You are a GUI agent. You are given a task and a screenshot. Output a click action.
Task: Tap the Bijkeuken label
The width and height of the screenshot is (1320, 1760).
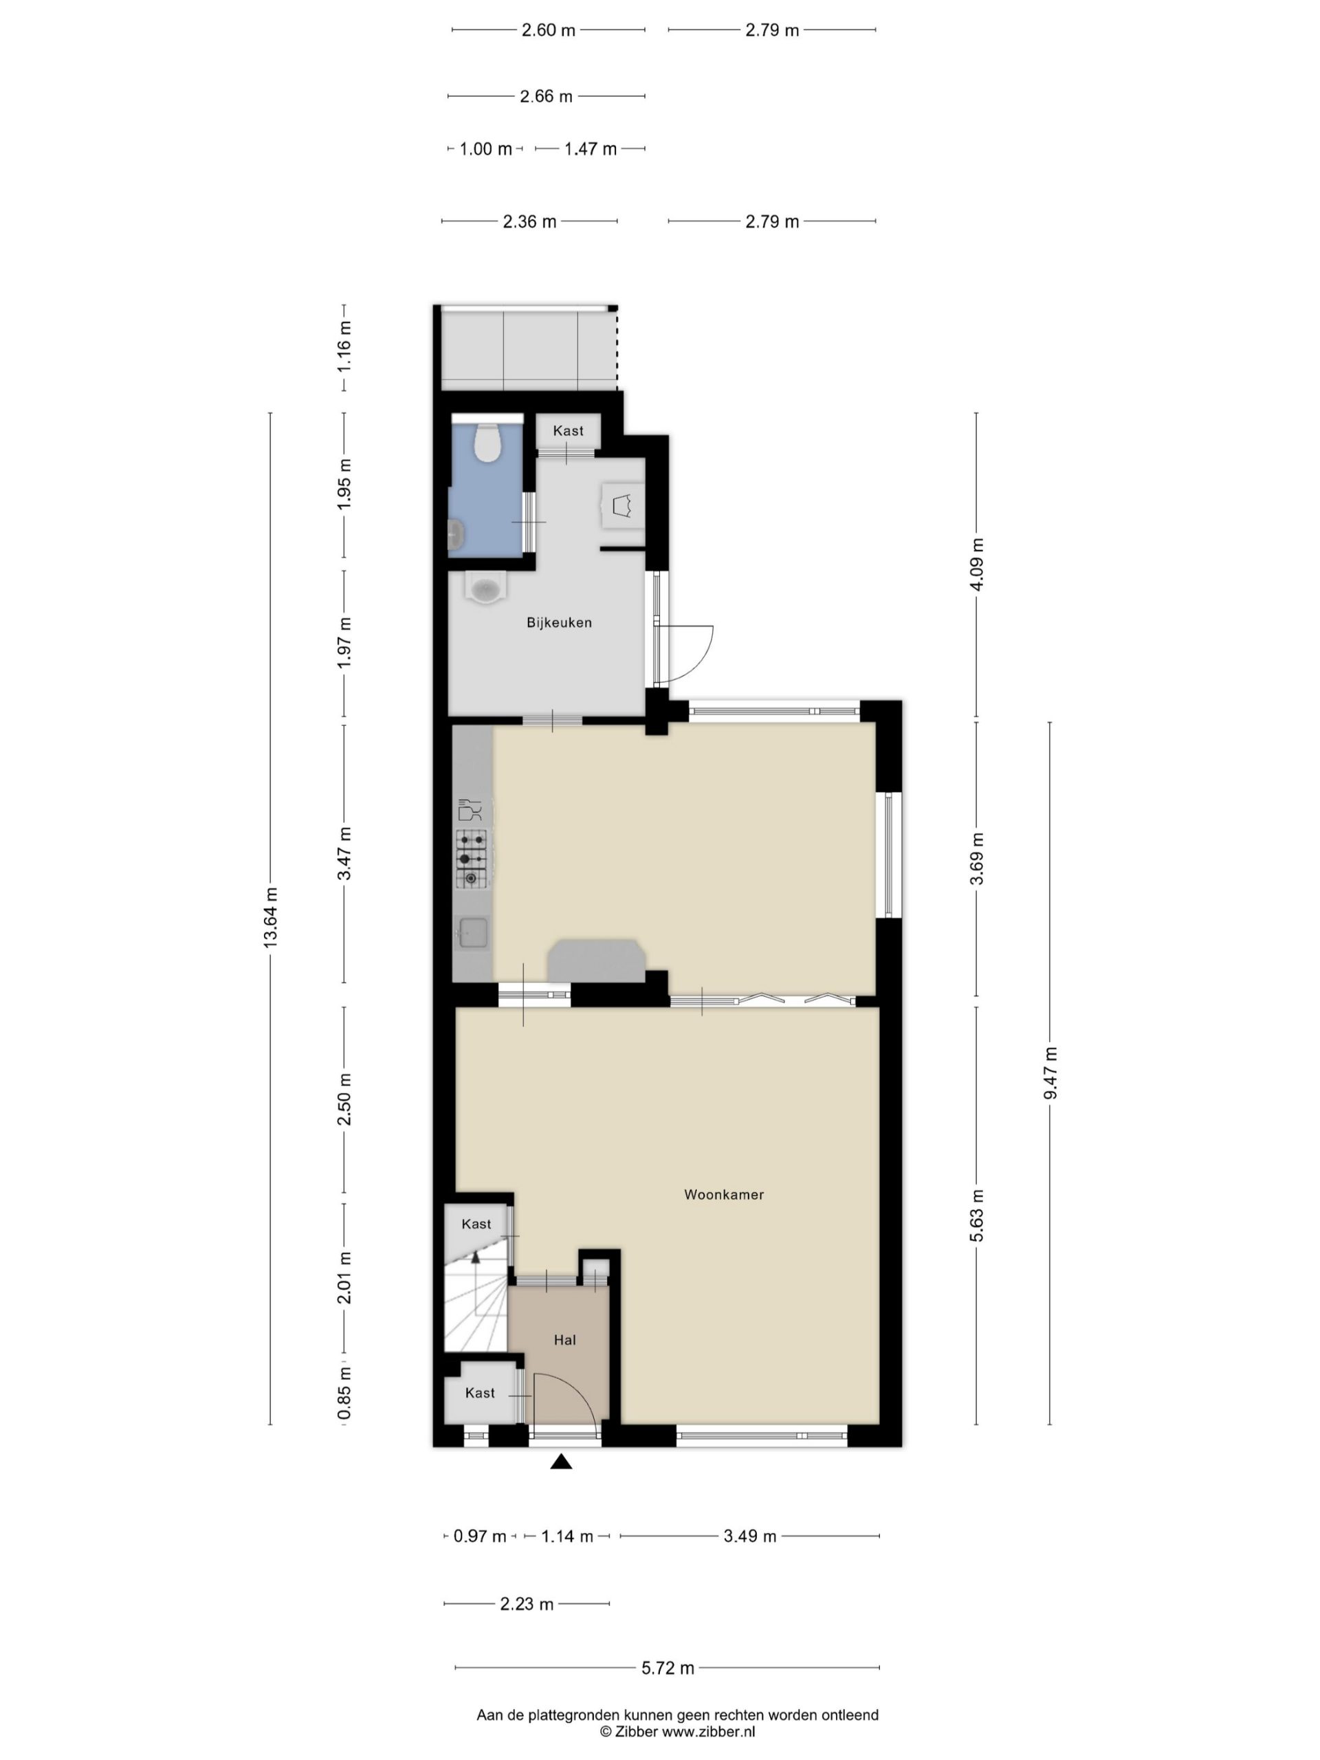[x=558, y=623]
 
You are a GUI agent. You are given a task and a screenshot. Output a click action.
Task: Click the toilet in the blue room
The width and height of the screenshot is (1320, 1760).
[x=485, y=443]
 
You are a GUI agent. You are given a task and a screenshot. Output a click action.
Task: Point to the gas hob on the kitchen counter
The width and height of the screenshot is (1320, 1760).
[x=471, y=859]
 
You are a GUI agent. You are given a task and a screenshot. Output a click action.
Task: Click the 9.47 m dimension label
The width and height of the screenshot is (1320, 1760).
[x=1050, y=1073]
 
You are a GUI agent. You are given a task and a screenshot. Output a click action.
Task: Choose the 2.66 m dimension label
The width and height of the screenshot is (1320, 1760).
[x=546, y=96]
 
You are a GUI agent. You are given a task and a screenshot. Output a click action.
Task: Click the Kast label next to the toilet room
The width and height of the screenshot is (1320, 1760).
[x=568, y=430]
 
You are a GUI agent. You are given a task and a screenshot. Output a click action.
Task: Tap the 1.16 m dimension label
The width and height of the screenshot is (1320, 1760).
[x=344, y=345]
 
